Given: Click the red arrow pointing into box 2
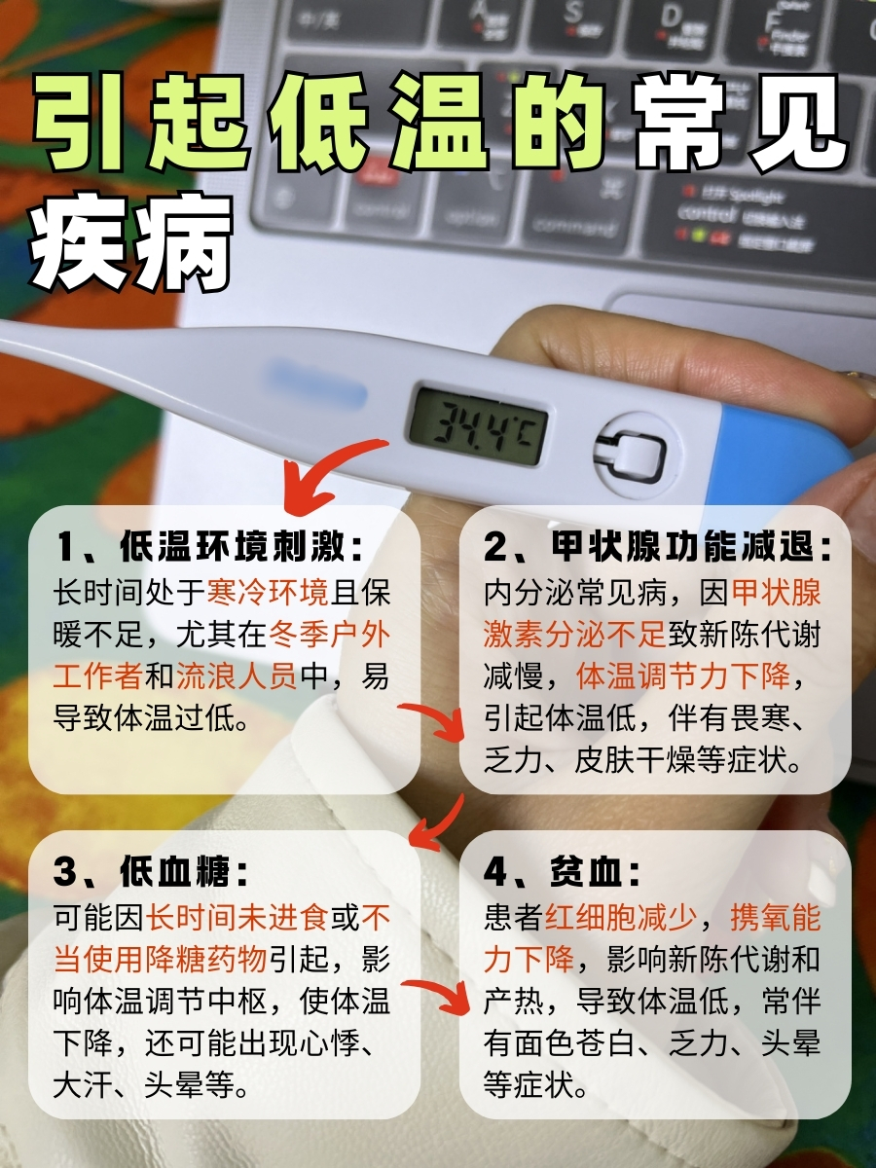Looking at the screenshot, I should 438,720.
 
